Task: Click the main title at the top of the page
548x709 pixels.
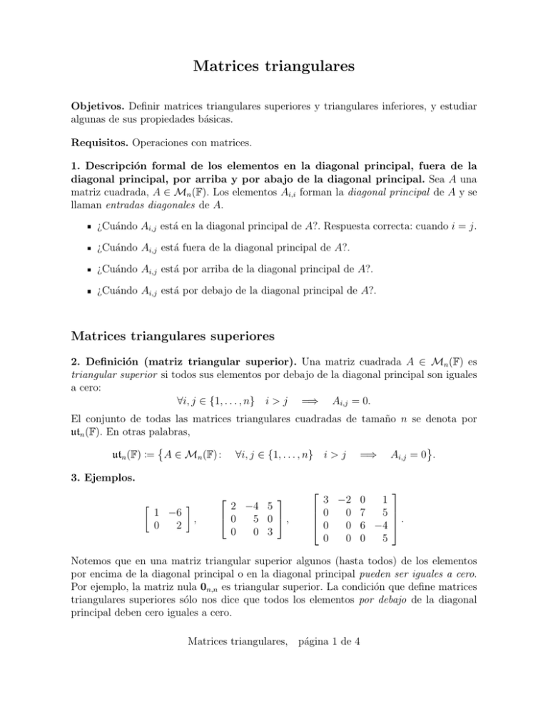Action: (274, 68)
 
